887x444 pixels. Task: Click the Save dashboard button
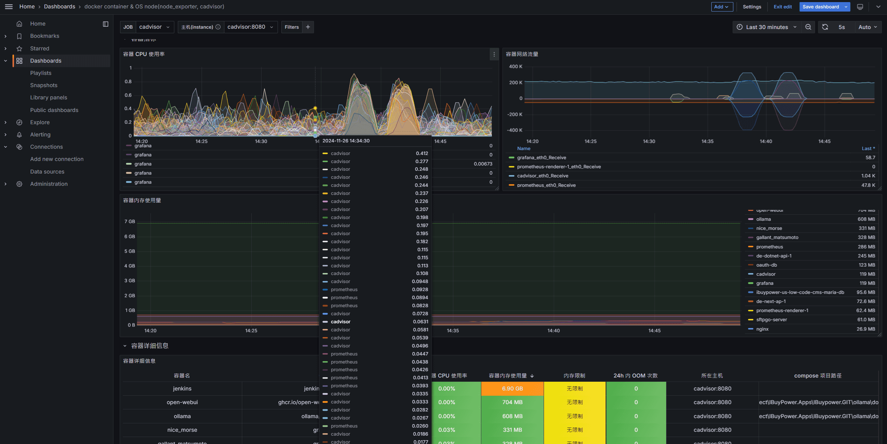pos(820,7)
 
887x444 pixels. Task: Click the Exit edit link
pos(782,7)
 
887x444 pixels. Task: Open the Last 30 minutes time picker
pos(766,27)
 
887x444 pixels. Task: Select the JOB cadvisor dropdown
pos(154,27)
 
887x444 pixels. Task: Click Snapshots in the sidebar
pos(44,85)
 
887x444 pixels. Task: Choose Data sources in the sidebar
pos(47,171)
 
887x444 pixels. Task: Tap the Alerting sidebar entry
pos(40,134)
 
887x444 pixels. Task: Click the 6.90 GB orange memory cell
pos(512,388)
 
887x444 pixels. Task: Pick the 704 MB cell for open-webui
pos(512,402)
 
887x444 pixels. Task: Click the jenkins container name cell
pos(182,388)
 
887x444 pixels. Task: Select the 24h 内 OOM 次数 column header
pos(635,375)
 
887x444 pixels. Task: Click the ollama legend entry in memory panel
pos(763,219)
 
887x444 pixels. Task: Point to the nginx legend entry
pos(762,329)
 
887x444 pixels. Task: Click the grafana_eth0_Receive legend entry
pos(541,157)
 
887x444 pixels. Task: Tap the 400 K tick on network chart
pos(515,66)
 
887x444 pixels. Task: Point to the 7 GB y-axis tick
pos(130,221)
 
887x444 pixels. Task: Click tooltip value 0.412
pos(421,153)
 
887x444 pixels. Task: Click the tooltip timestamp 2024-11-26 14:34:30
pos(346,141)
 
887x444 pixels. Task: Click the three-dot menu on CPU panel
pos(494,54)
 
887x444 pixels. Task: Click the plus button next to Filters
pos(308,27)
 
